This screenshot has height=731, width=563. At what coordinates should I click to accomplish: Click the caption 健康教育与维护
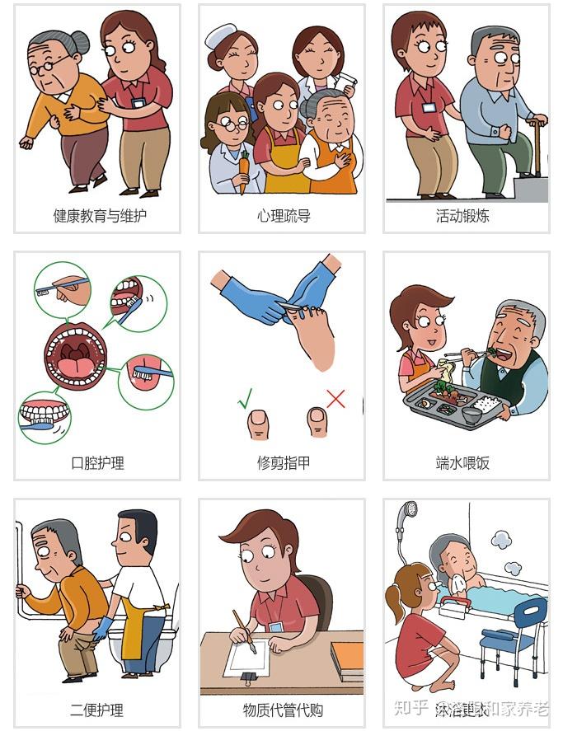(97, 216)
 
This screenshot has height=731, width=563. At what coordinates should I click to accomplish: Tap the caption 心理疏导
(283, 216)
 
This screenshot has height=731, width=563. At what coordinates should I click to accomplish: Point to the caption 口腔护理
(97, 462)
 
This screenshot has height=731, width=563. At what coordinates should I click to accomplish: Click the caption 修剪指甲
(283, 462)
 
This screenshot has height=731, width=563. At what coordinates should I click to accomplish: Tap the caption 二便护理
(97, 710)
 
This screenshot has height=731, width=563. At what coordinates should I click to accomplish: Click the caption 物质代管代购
(283, 710)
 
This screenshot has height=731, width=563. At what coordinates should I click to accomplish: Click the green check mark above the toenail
(245, 401)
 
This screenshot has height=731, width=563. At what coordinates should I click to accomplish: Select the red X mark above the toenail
(335, 399)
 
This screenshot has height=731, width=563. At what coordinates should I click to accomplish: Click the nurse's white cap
(220, 35)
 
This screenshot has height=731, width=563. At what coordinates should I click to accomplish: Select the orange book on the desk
(347, 658)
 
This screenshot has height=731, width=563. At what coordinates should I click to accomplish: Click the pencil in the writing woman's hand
(244, 630)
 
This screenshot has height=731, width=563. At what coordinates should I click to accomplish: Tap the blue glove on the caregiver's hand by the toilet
(103, 628)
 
